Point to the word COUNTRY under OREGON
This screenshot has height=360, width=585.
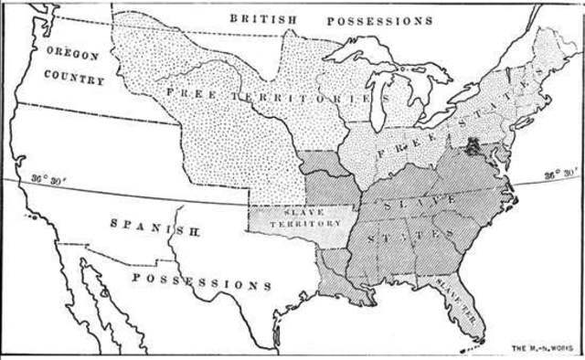coord(76,80)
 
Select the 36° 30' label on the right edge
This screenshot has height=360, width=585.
coord(560,173)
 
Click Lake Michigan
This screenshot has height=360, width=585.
coord(378,101)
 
